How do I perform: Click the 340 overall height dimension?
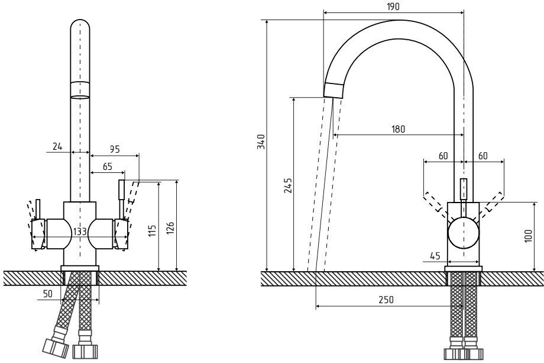261,142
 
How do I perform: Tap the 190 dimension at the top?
394,7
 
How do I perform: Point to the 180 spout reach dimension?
399,129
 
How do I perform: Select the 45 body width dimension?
435,256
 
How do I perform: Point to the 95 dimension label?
115,149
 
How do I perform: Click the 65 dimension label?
107,167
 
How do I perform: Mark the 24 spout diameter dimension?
57,146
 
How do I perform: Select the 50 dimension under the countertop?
48,293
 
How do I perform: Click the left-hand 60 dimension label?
443,156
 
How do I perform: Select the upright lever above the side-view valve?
464,190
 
